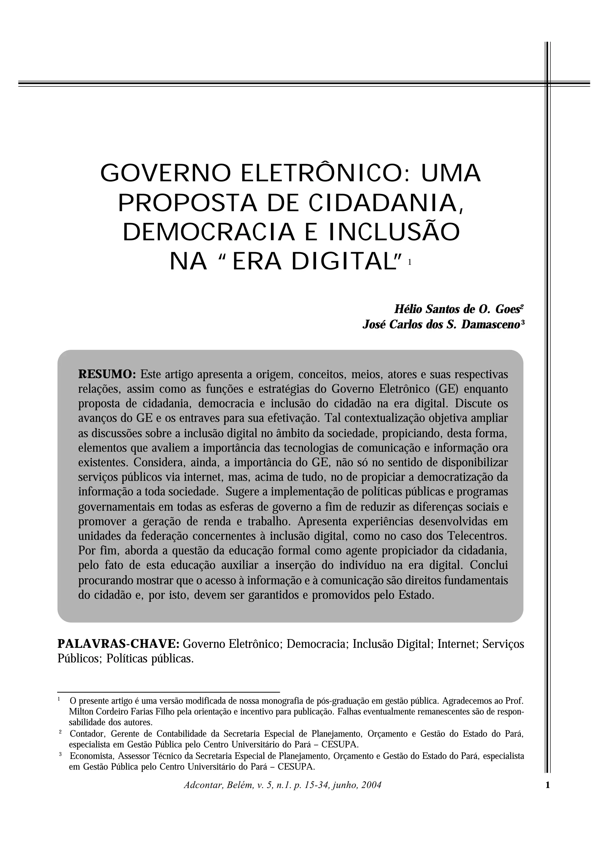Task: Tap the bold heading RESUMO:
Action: [x=107, y=374]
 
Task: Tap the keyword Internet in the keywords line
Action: [x=457, y=644]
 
